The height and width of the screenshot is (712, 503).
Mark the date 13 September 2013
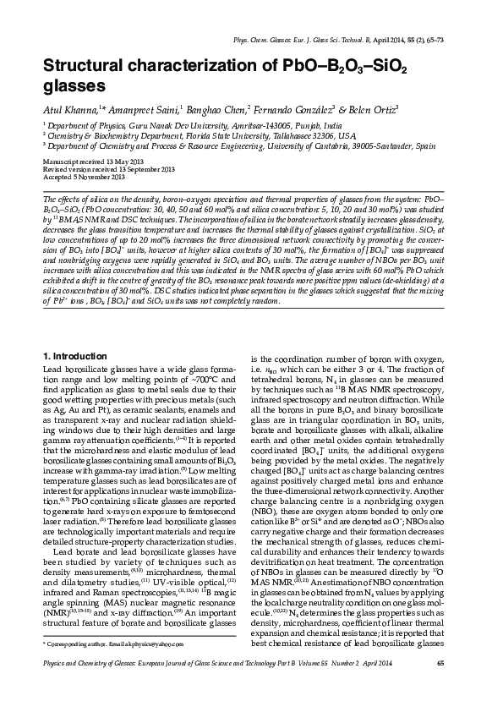pyautogui.click(x=139, y=169)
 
